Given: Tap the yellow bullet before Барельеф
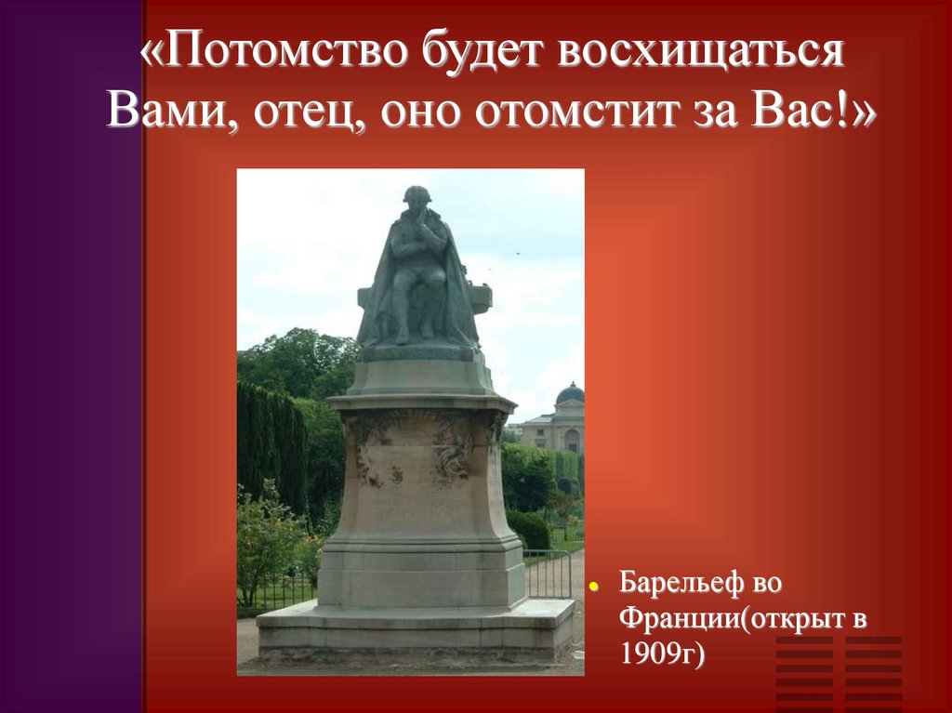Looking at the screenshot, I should point(595,588).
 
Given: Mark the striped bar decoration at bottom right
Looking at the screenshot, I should point(838,671).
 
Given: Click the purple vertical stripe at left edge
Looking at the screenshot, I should point(71,372).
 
